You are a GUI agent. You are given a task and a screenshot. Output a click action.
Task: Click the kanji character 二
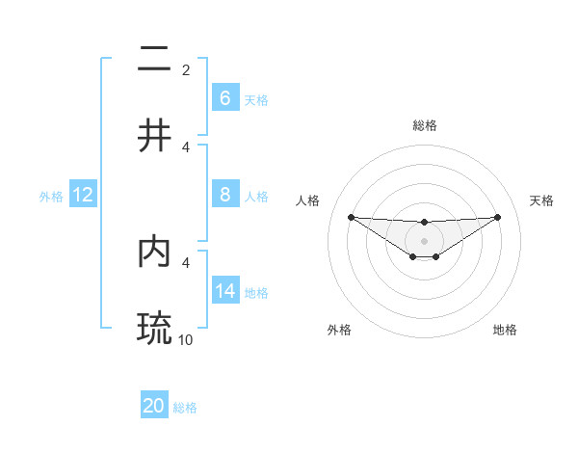point(155,60)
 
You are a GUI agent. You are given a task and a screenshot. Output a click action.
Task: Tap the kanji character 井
point(155,135)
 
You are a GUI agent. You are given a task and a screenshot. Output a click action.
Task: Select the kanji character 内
point(155,252)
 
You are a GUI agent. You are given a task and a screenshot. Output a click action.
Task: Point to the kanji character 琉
point(155,328)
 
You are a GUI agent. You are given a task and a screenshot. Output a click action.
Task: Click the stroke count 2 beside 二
point(186,69)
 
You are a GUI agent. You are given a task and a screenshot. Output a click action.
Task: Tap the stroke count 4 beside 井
point(186,147)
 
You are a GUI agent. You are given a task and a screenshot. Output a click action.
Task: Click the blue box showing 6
point(224,98)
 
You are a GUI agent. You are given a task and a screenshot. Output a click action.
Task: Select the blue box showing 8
point(224,195)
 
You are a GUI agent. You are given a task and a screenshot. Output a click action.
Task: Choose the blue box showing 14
point(224,291)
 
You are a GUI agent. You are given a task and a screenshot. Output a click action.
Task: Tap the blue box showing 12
point(83,195)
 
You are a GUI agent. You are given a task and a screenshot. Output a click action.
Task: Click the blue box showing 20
point(154,407)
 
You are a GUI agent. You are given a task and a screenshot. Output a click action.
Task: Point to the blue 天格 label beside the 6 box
point(256,99)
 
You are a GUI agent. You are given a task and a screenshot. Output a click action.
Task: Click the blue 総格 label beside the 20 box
point(185,408)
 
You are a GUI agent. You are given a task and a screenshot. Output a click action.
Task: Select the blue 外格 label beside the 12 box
point(51,196)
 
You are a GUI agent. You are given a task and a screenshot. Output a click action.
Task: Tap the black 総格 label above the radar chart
point(425,125)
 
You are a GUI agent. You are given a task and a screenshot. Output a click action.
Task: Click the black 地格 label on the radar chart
point(505,330)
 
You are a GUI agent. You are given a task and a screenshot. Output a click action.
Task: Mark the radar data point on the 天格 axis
point(497,216)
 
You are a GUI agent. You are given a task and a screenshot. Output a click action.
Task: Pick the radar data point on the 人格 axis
point(351,216)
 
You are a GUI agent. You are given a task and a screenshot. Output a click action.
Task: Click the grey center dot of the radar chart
point(424,240)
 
